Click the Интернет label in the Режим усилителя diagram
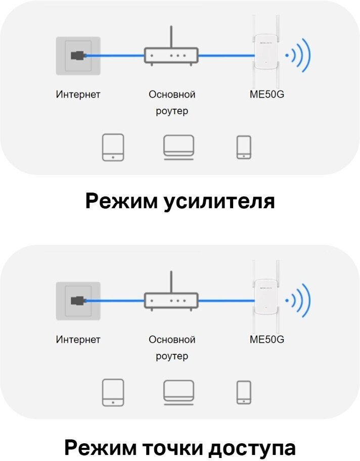(78, 95)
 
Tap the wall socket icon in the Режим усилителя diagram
(78, 55)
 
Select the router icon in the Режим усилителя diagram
(171, 55)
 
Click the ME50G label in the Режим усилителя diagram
(267, 95)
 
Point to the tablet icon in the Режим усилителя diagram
(113, 147)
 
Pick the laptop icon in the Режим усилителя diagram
(178, 147)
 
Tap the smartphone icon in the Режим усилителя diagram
(244, 147)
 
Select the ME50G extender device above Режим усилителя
(266, 51)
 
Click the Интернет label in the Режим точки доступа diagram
(78, 340)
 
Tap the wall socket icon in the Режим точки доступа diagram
(78, 301)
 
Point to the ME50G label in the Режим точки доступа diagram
(267, 340)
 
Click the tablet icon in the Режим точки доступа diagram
(113, 393)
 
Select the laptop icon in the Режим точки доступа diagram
(178, 392)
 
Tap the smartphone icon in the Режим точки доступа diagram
(244, 392)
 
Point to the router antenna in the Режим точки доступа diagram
(171, 281)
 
